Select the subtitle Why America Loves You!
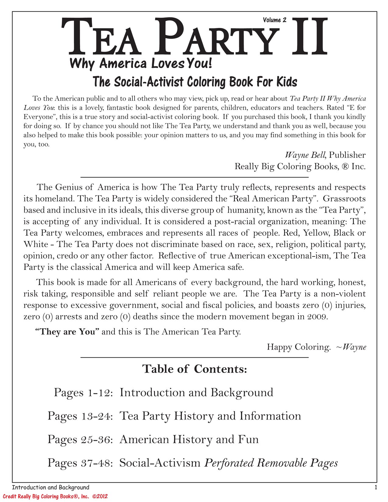coord(140,64)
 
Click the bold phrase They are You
coord(68,331)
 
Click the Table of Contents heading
coord(194,369)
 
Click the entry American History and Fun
coord(189,439)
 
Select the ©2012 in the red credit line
coord(100,496)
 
